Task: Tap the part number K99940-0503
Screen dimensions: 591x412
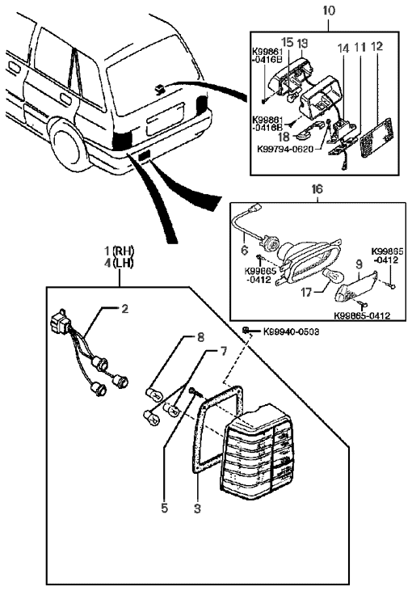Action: pyautogui.click(x=284, y=331)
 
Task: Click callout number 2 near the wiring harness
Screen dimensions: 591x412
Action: pyautogui.click(x=124, y=308)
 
